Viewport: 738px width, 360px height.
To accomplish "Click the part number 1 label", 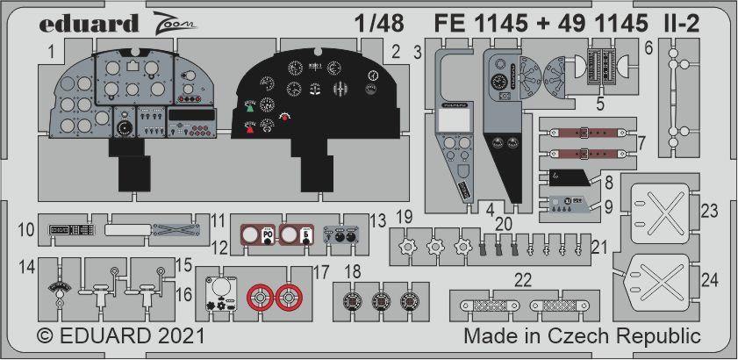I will pyautogui.click(x=52, y=53).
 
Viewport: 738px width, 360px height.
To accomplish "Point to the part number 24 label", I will pyautogui.click(x=710, y=281).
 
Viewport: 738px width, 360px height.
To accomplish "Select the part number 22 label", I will pyautogui.click(x=523, y=280).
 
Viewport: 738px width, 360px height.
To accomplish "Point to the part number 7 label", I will pyautogui.click(x=642, y=140).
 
